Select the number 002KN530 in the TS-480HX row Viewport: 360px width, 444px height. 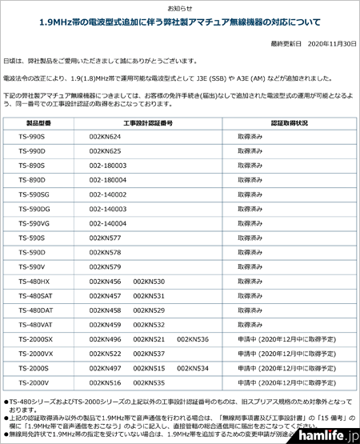[x=149, y=281]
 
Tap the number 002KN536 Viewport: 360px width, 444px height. [x=193, y=338]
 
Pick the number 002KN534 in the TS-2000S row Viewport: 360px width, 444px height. [x=193, y=367]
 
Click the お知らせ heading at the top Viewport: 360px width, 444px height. [x=180, y=6]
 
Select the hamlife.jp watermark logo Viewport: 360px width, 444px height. [x=324, y=430]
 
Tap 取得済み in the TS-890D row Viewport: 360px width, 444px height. [x=249, y=180]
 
